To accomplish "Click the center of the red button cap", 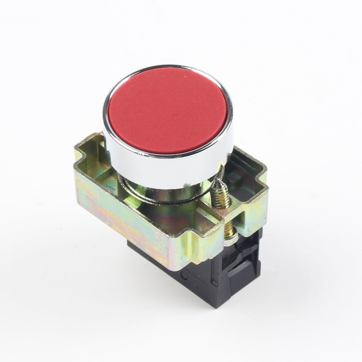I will (x=168, y=110).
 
